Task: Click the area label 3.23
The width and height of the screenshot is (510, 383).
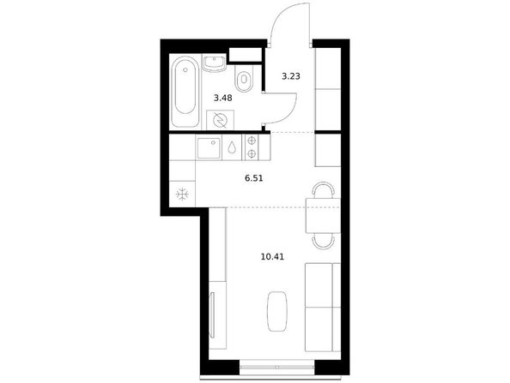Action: (290, 76)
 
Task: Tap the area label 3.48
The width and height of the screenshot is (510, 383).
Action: (222, 98)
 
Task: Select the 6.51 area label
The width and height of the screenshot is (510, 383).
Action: (253, 178)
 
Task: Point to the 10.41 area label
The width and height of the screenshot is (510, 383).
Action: (272, 257)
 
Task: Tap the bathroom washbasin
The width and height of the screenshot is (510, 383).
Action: (214, 63)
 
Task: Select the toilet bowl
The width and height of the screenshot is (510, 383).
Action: (243, 79)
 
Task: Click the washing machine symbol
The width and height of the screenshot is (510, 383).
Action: (220, 121)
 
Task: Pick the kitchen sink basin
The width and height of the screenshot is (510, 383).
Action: (208, 147)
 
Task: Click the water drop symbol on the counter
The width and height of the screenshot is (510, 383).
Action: (232, 147)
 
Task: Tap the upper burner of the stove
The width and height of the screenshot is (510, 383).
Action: (252, 141)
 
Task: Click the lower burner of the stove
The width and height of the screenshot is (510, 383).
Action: (252, 153)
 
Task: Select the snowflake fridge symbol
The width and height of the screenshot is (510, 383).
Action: (182, 194)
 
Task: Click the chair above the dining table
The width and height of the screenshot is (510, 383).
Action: (323, 189)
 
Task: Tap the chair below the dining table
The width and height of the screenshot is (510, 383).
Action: (323, 242)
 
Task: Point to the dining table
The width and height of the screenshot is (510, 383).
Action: (323, 216)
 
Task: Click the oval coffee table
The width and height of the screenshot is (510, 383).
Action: (277, 311)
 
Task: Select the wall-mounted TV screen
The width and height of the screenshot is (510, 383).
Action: (212, 314)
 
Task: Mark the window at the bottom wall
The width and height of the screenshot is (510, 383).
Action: (277, 367)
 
